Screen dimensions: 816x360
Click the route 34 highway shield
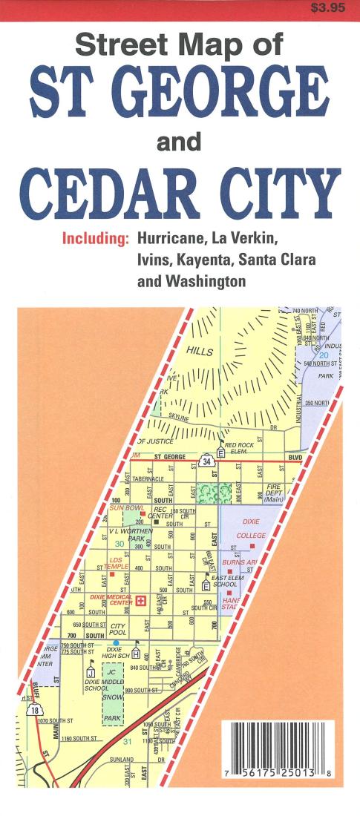[205, 462]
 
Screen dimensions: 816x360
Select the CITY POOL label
[118, 630]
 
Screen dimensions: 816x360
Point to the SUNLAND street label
[122, 760]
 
